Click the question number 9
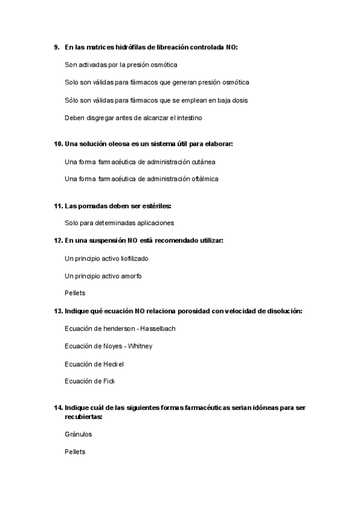tap(56, 46)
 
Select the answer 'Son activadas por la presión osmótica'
tap(121, 64)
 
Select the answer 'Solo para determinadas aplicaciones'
tap(119, 223)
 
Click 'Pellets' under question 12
tap(75, 293)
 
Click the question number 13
tap(58, 311)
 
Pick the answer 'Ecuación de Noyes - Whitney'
tap(108, 346)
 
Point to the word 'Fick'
tap(109, 381)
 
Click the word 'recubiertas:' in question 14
tap(83, 416)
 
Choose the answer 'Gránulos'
tap(78, 434)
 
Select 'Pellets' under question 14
tap(75, 451)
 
